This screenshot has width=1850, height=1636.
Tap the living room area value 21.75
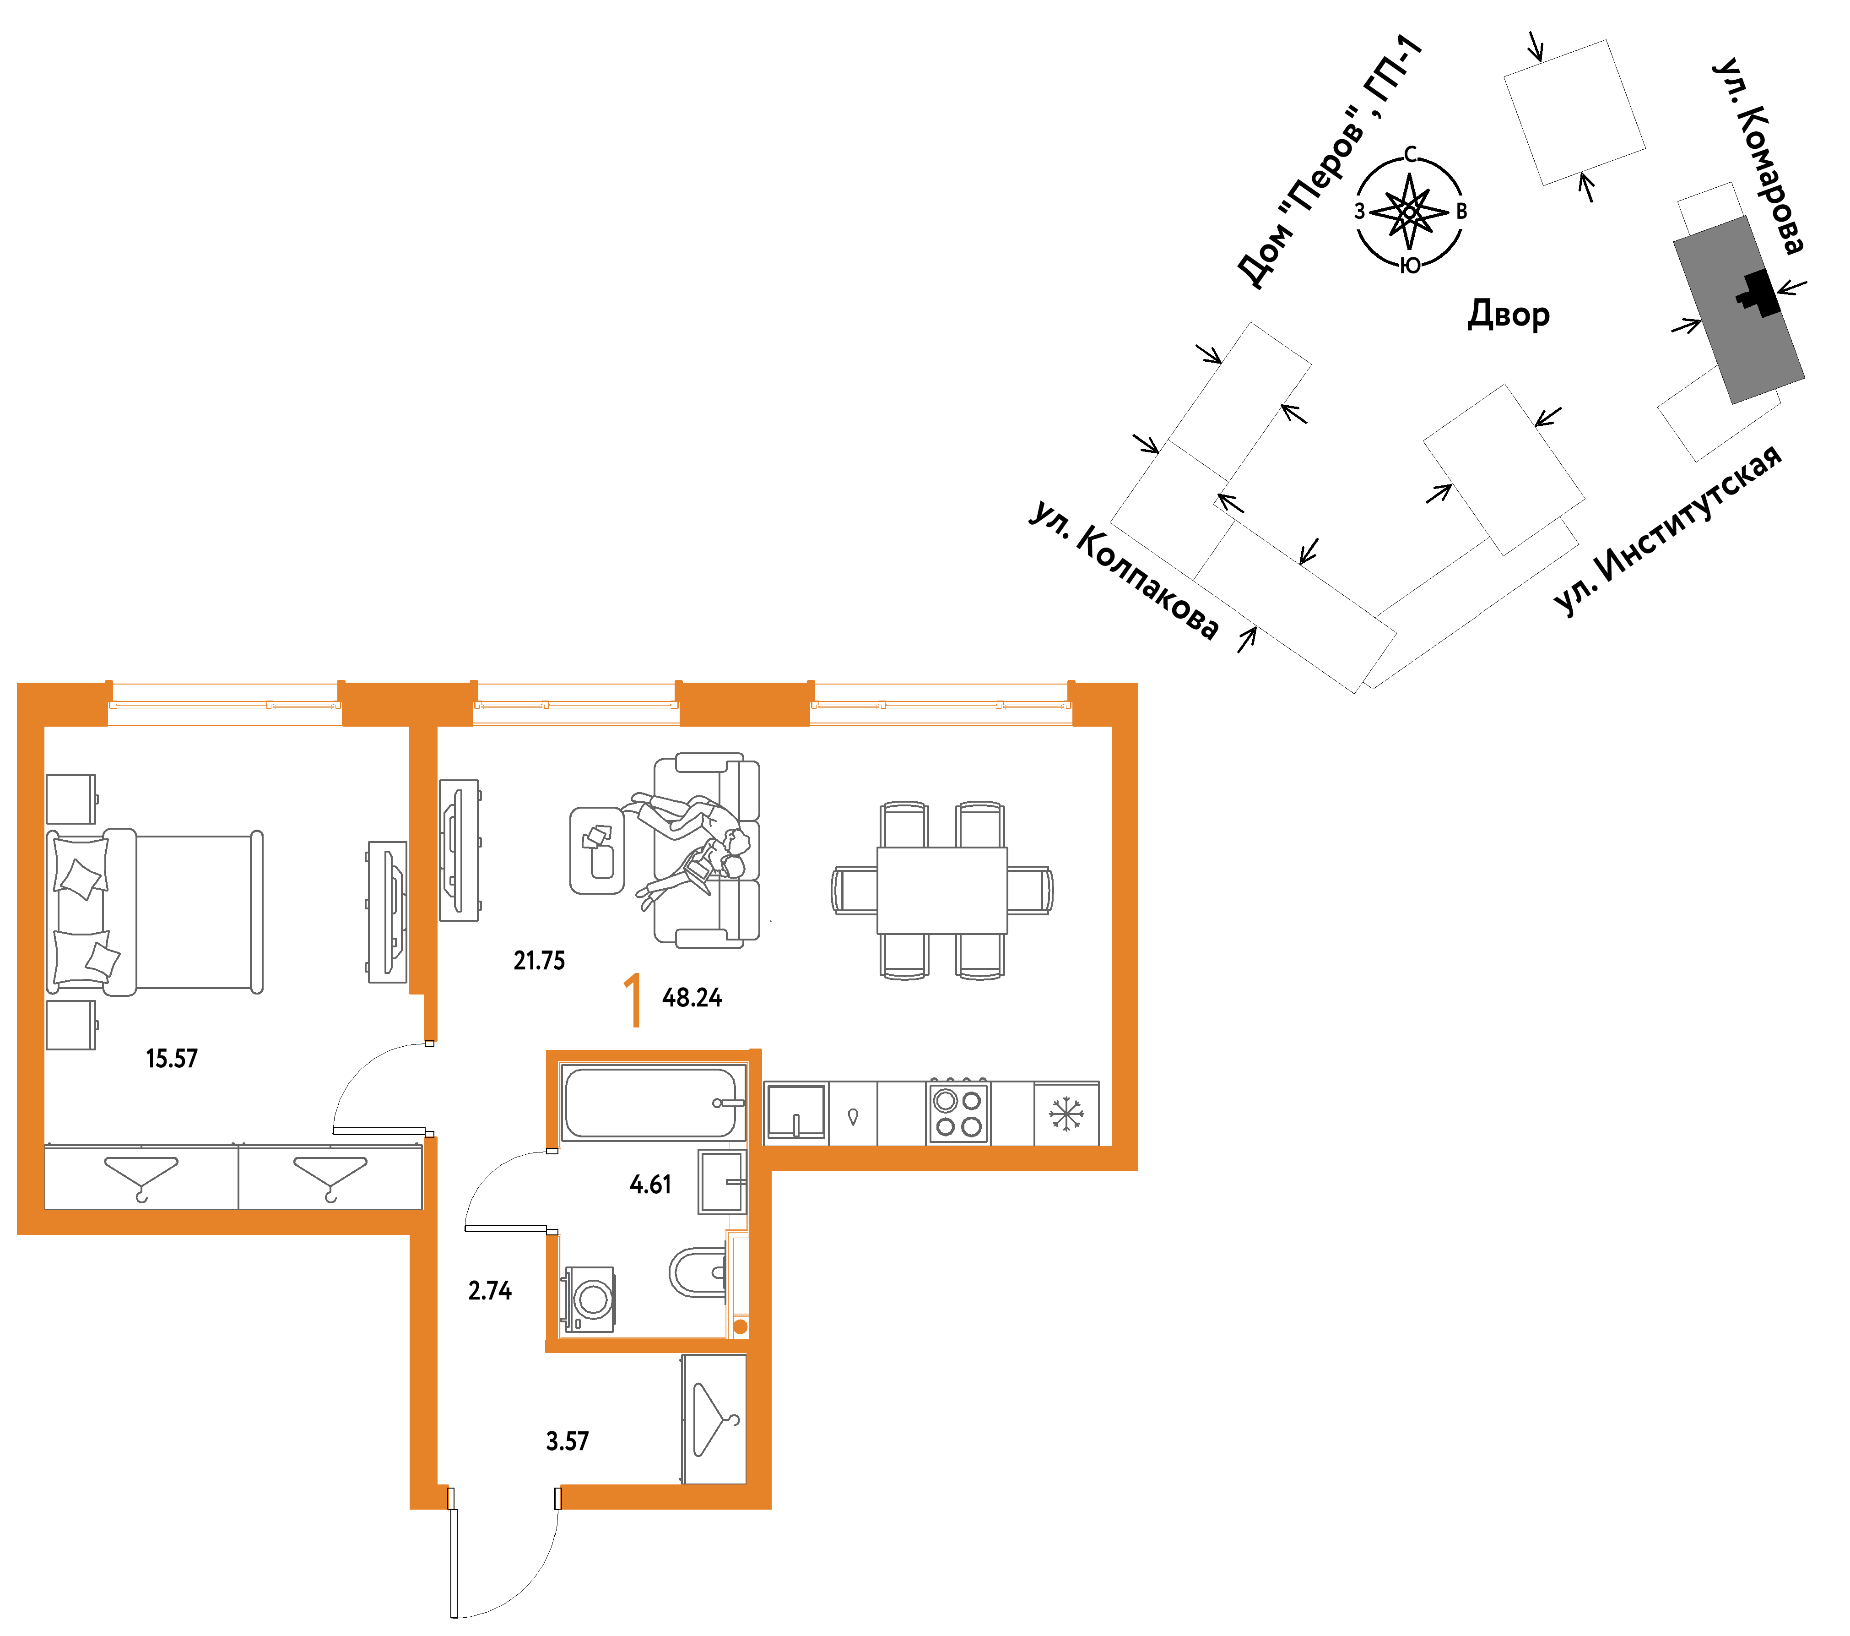click(x=540, y=961)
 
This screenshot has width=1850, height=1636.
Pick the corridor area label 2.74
click(x=490, y=1291)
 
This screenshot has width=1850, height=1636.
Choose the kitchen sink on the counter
click(x=796, y=1112)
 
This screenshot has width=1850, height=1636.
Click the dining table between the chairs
click(x=942, y=890)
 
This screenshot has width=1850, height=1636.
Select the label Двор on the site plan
click(x=1509, y=314)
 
